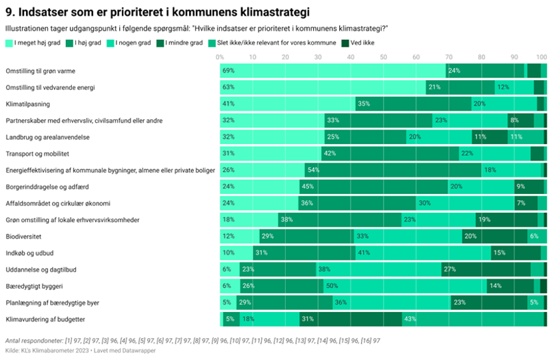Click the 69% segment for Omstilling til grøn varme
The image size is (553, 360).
(333, 71)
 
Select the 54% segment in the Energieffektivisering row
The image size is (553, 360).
(393, 170)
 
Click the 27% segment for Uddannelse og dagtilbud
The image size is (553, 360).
(486, 269)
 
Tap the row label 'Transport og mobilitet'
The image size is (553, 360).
(37, 154)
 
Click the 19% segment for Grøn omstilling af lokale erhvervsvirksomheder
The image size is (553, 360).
(507, 220)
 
